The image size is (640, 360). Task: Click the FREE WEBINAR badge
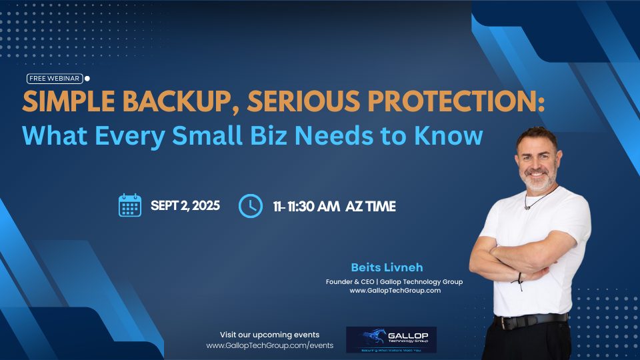[x=55, y=78]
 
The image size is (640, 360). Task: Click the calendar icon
[x=130, y=205]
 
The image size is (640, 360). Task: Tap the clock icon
[x=250, y=205]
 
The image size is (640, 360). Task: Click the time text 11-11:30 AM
[x=306, y=207]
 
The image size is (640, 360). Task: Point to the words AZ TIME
[x=371, y=207]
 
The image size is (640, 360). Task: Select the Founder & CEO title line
[x=394, y=281]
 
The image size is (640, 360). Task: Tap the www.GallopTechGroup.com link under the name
[x=395, y=291]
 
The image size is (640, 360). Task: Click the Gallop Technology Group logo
[x=391, y=339]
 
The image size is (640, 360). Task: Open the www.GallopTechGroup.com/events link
[x=269, y=346]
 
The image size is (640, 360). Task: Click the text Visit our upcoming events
[x=269, y=335]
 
